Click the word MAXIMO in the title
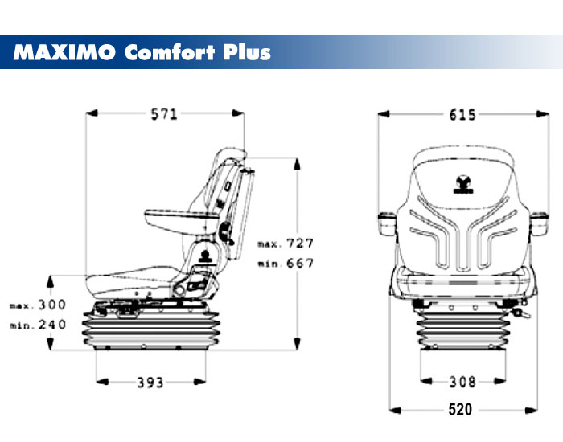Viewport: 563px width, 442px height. click(64, 53)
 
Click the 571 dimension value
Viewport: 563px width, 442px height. click(164, 114)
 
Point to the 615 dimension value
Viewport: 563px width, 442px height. click(462, 114)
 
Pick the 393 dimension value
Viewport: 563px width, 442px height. click(150, 382)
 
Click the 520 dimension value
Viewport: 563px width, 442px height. click(459, 410)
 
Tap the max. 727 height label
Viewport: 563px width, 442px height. click(286, 243)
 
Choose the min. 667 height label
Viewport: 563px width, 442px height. click(286, 263)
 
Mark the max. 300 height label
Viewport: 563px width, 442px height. click(38, 305)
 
